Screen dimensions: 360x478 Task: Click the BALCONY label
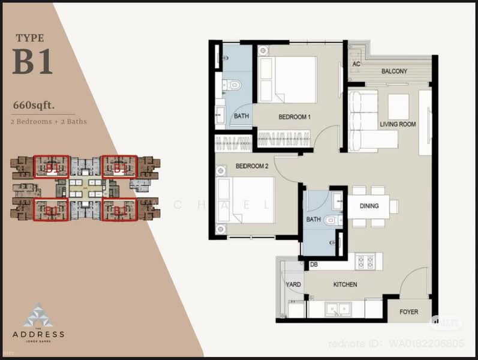394,71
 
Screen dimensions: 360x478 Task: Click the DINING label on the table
369,206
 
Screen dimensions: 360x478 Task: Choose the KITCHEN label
345,284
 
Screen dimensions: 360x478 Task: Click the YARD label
293,284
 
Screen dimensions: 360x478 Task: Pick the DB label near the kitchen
313,265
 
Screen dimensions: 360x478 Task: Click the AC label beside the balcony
356,64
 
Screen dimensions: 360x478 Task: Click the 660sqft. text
34,106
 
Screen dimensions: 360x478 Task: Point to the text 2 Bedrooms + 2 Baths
49,122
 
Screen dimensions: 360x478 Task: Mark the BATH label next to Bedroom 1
241,116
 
